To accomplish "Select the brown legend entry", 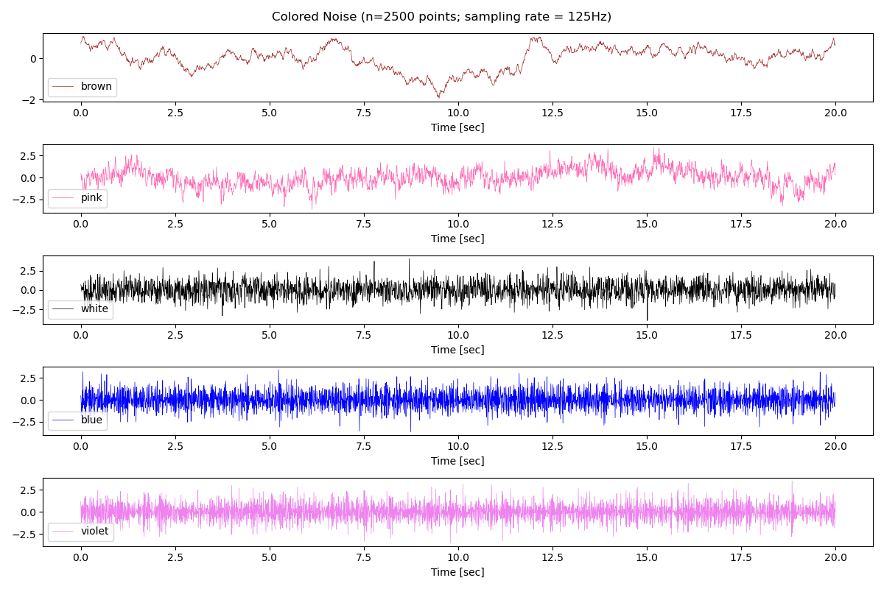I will click(96, 87).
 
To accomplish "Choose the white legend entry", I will click(94, 309).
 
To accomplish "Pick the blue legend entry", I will click(91, 420).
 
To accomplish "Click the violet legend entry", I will click(94, 532).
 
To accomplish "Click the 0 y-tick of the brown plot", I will click(32, 58).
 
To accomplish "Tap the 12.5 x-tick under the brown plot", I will click(552, 113).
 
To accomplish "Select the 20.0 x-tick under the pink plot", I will click(835, 224).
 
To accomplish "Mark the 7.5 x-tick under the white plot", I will click(363, 335).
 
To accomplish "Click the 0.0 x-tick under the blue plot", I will click(81, 446).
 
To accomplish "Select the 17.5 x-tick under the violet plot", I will click(740, 557).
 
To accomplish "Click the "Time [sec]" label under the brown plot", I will click(457, 127).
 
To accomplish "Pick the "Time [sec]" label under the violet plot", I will click(457, 572).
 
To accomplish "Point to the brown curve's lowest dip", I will click(439, 97).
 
